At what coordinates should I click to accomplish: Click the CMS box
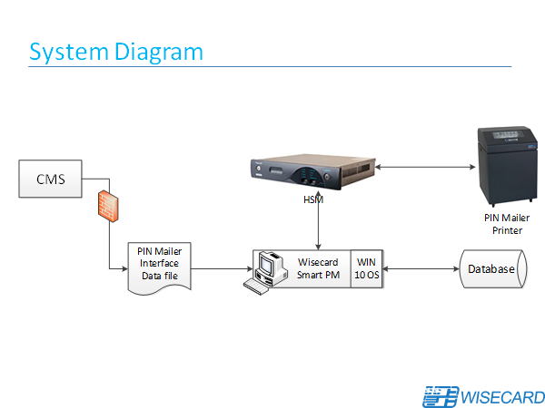coord(51,179)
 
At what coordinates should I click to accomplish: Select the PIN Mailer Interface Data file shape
coord(159,265)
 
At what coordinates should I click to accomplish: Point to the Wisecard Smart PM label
coord(318,268)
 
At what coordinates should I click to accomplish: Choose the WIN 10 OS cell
coord(366,268)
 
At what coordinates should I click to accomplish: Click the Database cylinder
coord(491,269)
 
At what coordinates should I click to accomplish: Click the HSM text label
coord(312,201)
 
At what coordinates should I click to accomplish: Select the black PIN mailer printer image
coord(506,169)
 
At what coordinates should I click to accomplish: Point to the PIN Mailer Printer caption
coord(506,224)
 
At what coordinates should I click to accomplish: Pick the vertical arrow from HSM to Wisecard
coord(317,222)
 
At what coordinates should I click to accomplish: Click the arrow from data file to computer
coord(223,269)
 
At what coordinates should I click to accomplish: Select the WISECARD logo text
coord(502,397)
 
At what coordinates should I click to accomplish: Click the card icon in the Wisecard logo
coord(441,396)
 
